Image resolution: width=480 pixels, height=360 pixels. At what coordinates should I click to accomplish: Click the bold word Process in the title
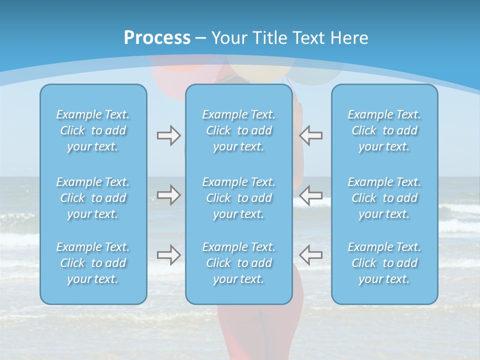pyautogui.click(x=157, y=37)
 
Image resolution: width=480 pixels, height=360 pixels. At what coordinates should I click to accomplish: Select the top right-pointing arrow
pyautogui.click(x=168, y=135)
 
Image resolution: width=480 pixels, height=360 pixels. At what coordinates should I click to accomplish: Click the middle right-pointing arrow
pyautogui.click(x=168, y=194)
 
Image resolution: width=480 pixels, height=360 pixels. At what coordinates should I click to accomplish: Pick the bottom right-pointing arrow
pyautogui.click(x=168, y=254)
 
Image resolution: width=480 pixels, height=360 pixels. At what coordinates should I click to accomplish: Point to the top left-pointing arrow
pyautogui.click(x=311, y=135)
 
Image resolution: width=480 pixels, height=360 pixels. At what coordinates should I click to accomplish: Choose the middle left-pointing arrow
pyautogui.click(x=311, y=194)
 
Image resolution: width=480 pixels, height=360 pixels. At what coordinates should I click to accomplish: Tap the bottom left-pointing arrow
pyautogui.click(x=311, y=254)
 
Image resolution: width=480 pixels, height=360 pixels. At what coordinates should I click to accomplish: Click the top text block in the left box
pyautogui.click(x=93, y=130)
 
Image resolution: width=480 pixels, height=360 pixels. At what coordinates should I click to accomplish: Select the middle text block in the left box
pyautogui.click(x=93, y=198)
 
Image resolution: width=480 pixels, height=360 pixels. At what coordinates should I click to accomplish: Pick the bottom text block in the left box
pyautogui.click(x=93, y=263)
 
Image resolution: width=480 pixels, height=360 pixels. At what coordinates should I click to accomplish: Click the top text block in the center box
pyautogui.click(x=239, y=130)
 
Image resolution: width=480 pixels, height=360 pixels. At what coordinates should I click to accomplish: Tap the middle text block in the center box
pyautogui.click(x=239, y=198)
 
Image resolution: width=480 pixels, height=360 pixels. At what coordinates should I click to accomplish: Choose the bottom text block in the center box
pyautogui.click(x=239, y=263)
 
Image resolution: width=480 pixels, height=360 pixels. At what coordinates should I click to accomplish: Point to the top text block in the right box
pyautogui.click(x=384, y=130)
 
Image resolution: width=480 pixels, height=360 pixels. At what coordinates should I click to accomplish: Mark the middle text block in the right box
pyautogui.click(x=384, y=198)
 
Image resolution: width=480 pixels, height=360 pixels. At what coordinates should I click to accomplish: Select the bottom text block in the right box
pyautogui.click(x=384, y=263)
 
